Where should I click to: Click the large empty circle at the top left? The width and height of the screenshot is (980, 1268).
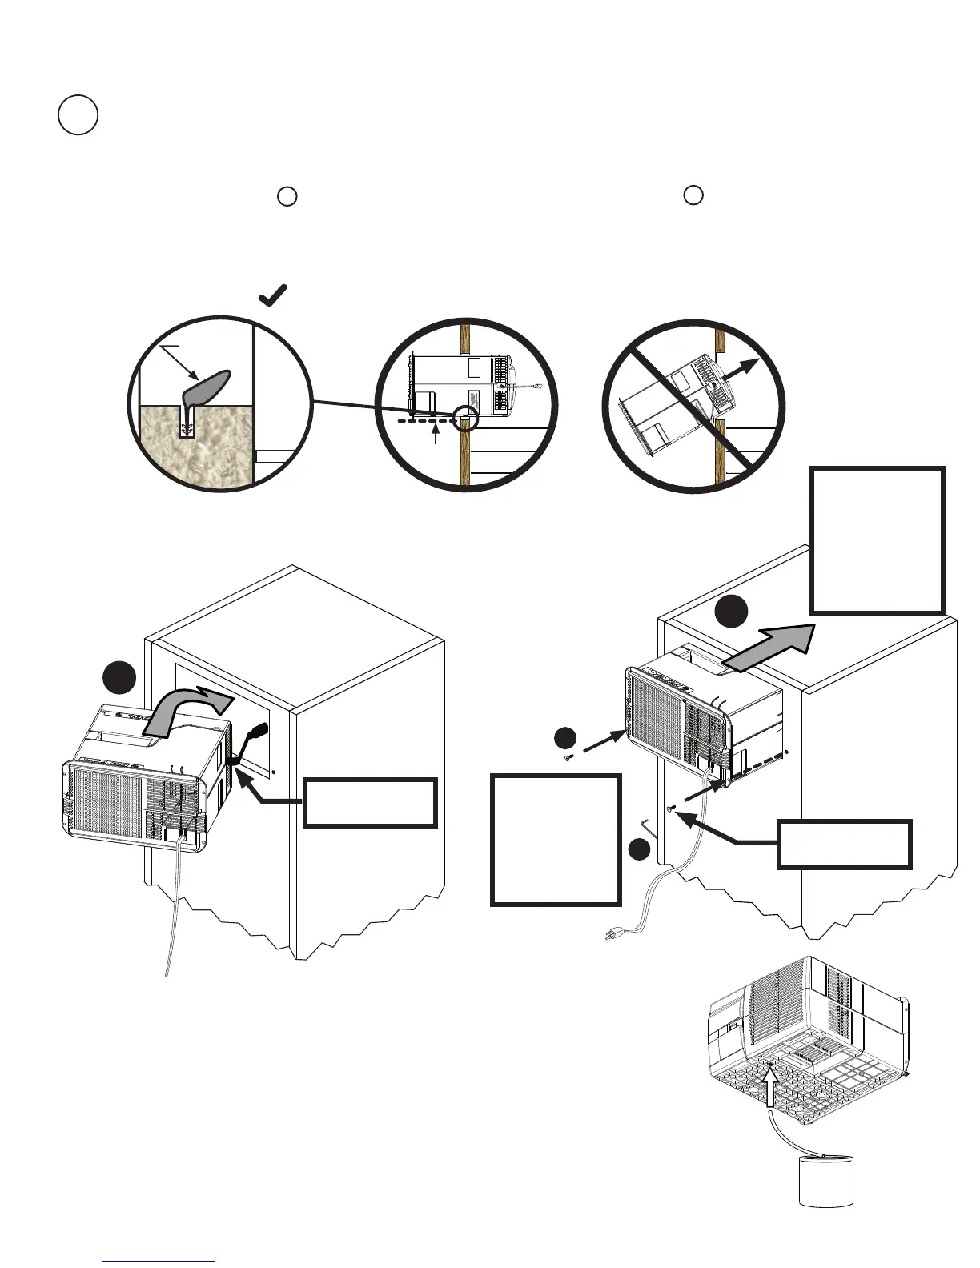pyautogui.click(x=78, y=114)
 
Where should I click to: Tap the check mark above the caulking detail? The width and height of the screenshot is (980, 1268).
pyautogui.click(x=273, y=296)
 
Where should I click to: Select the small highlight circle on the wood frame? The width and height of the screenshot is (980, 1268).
pyautogui.click(x=464, y=416)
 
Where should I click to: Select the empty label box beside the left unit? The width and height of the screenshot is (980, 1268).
pyautogui.click(x=370, y=802)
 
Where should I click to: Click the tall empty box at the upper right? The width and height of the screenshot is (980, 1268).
pyautogui.click(x=878, y=540)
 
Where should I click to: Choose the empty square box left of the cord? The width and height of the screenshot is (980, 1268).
pyautogui.click(x=556, y=839)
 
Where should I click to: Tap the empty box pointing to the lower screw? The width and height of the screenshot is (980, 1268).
pyautogui.click(x=844, y=844)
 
